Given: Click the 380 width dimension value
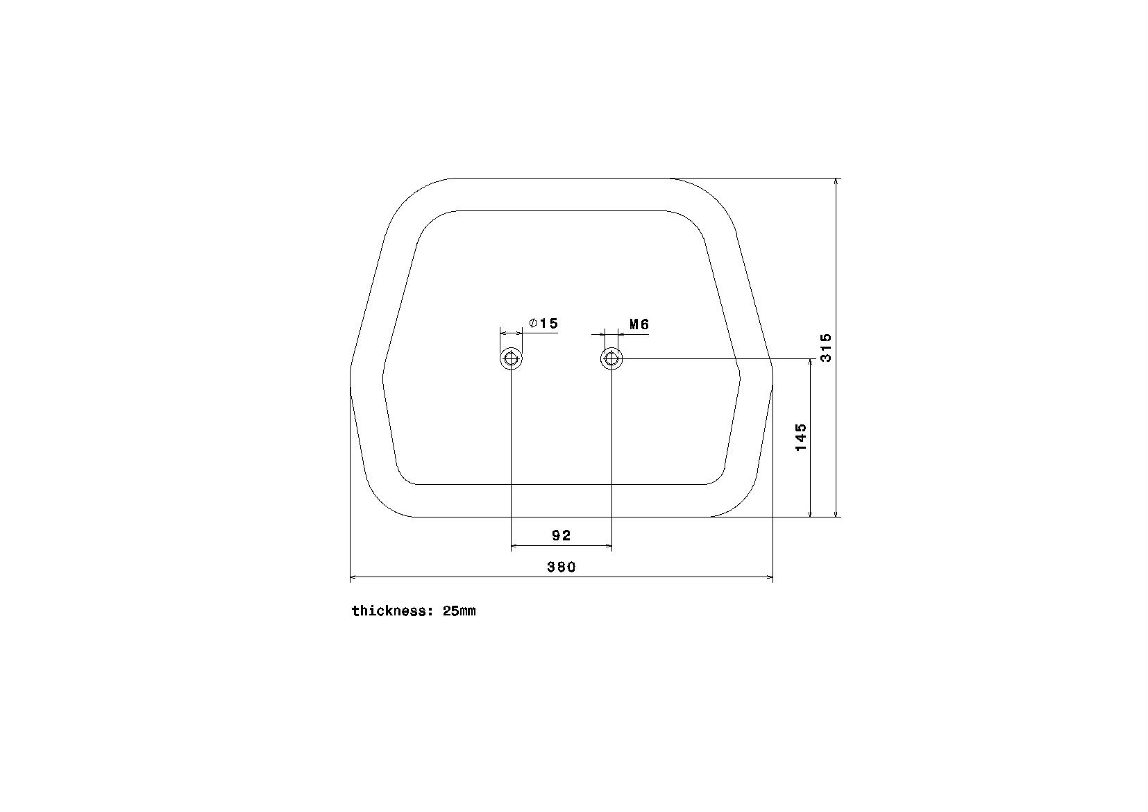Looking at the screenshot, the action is click(562, 567).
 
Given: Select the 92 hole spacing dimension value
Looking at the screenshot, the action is click(562, 536).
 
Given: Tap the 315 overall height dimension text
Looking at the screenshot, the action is click(826, 348).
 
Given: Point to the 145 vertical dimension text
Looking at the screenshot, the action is click(800, 437).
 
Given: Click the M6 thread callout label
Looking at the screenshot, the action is click(639, 324).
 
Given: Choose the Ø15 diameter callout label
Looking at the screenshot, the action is click(543, 323).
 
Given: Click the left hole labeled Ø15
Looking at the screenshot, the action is click(511, 358).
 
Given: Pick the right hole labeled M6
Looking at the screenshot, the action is click(611, 358).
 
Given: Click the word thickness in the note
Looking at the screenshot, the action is click(389, 611).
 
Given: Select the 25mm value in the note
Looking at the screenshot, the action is click(459, 611).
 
